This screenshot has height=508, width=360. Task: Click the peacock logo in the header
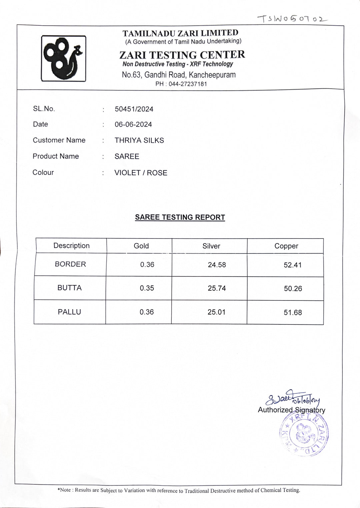pyautogui.click(x=63, y=59)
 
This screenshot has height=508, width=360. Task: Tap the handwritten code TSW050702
pyautogui.click(x=292, y=19)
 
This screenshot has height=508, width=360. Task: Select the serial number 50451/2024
pyautogui.click(x=134, y=109)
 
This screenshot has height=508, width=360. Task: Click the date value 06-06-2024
pyautogui.click(x=133, y=125)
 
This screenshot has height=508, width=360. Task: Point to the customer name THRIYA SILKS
pyautogui.click(x=139, y=141)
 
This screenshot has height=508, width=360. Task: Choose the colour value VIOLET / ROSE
pyautogui.click(x=141, y=173)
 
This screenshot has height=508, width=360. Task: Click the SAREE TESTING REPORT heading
pyautogui.click(x=180, y=218)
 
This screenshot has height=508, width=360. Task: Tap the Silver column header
pyautogui.click(x=211, y=246)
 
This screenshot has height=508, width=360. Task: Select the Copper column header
pyautogui.click(x=286, y=246)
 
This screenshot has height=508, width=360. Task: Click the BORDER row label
pyautogui.click(x=70, y=264)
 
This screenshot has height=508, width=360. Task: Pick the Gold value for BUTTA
pyautogui.click(x=147, y=288)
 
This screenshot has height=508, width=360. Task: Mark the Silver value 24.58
pyautogui.click(x=217, y=265)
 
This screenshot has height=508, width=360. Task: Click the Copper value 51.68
pyautogui.click(x=293, y=312)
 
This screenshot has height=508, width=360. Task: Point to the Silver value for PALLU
pyautogui.click(x=216, y=312)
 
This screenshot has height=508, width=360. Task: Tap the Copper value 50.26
pyautogui.click(x=293, y=288)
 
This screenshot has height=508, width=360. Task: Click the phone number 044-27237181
pyautogui.click(x=188, y=84)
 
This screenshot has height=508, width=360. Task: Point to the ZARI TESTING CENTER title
pyautogui.click(x=182, y=55)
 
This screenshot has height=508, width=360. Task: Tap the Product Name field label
pyautogui.click(x=56, y=156)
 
